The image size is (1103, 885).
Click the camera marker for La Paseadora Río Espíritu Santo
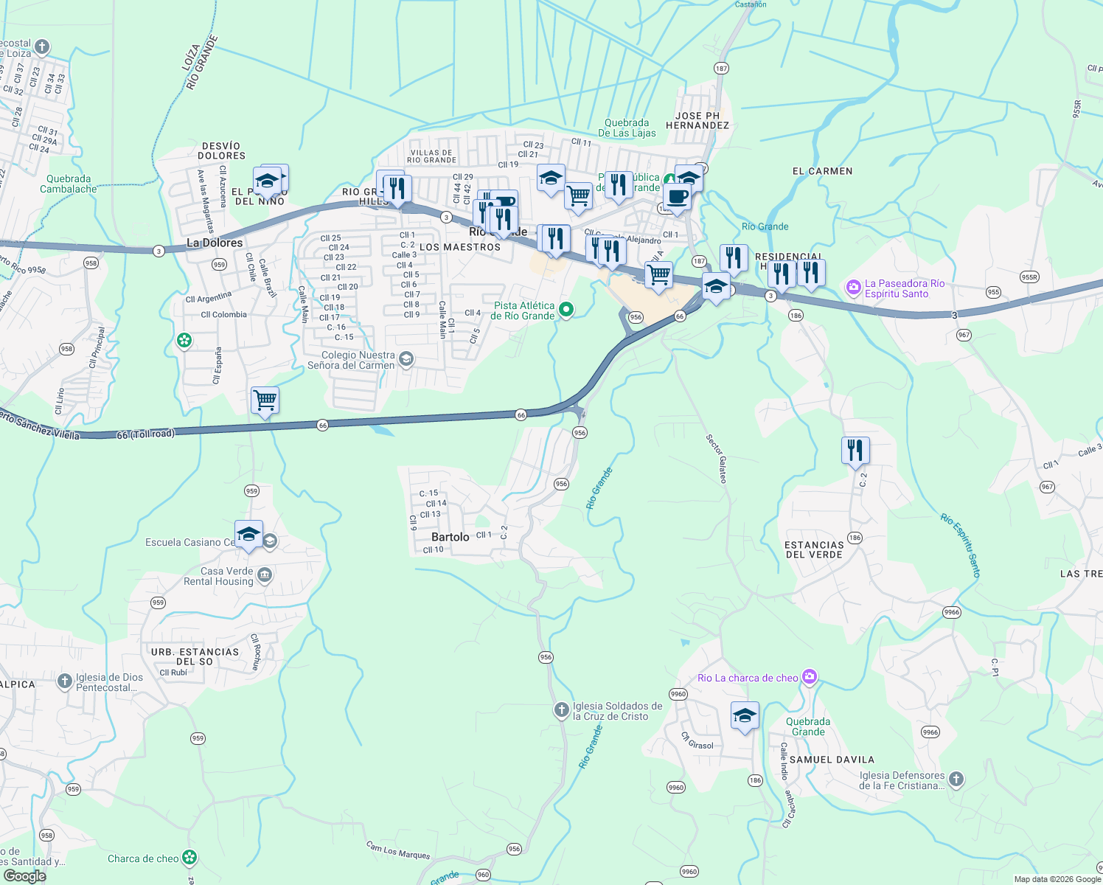[853, 288]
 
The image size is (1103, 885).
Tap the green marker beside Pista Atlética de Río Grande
[566, 310]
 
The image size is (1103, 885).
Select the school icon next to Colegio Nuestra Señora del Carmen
[406, 359]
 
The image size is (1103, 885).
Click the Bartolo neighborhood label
[450, 537]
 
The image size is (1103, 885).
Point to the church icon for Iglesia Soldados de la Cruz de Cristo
[561, 709]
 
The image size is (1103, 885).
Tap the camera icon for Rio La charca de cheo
[810, 676]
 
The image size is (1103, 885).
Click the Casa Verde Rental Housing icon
[265, 575]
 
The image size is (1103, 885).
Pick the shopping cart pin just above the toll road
[265, 400]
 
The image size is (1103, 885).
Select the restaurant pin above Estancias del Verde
[855, 450]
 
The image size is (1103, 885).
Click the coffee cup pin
[676, 198]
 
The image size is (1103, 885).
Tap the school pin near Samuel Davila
[745, 715]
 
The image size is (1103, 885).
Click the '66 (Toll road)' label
[145, 434]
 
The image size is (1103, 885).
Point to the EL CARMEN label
[822, 171]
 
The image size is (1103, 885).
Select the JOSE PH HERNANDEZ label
[697, 120]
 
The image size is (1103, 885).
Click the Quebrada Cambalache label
[69, 184]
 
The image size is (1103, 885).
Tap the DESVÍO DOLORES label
[221, 150]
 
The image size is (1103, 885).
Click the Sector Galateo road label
[716, 458]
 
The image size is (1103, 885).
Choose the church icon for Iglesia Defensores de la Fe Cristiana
[956, 779]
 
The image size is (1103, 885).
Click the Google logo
[24, 876]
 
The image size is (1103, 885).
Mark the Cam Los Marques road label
[398, 850]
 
